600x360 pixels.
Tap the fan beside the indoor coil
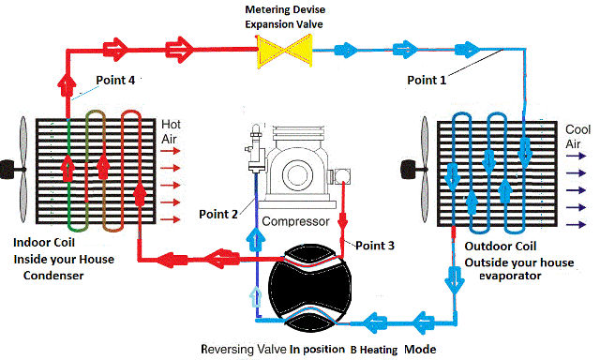pyautogui.click(x=18, y=169)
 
